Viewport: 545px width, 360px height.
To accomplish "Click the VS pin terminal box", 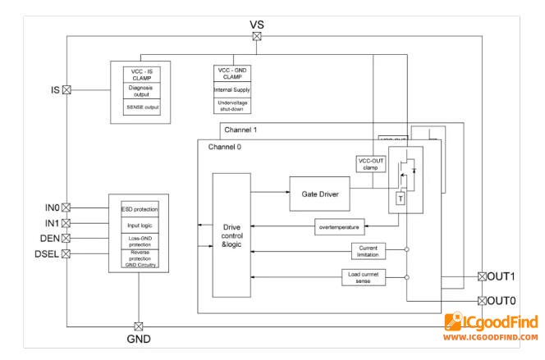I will pyautogui.click(x=257, y=35).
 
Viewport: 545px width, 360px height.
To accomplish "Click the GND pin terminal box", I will pyautogui.click(x=138, y=326).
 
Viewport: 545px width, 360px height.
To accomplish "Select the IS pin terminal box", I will pyautogui.click(x=67, y=89).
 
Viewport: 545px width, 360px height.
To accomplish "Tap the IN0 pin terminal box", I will pyautogui.click(x=67, y=207).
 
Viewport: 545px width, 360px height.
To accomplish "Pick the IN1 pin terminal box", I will pyautogui.click(x=67, y=222).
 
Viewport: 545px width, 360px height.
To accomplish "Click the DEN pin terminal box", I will pyautogui.click(x=67, y=238).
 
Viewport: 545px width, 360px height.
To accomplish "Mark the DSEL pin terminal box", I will pyautogui.click(x=67, y=253).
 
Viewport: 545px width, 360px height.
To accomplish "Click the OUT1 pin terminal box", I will pyautogui.click(x=482, y=276).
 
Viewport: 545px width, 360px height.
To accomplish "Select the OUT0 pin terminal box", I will pyautogui.click(x=482, y=300).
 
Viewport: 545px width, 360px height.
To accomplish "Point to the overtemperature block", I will pyautogui.click(x=340, y=225).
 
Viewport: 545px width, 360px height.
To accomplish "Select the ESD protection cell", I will pyautogui.click(x=139, y=208).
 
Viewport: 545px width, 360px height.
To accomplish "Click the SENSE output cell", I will pyautogui.click(x=139, y=107).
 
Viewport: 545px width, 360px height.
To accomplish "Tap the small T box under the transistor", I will pyautogui.click(x=400, y=199).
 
